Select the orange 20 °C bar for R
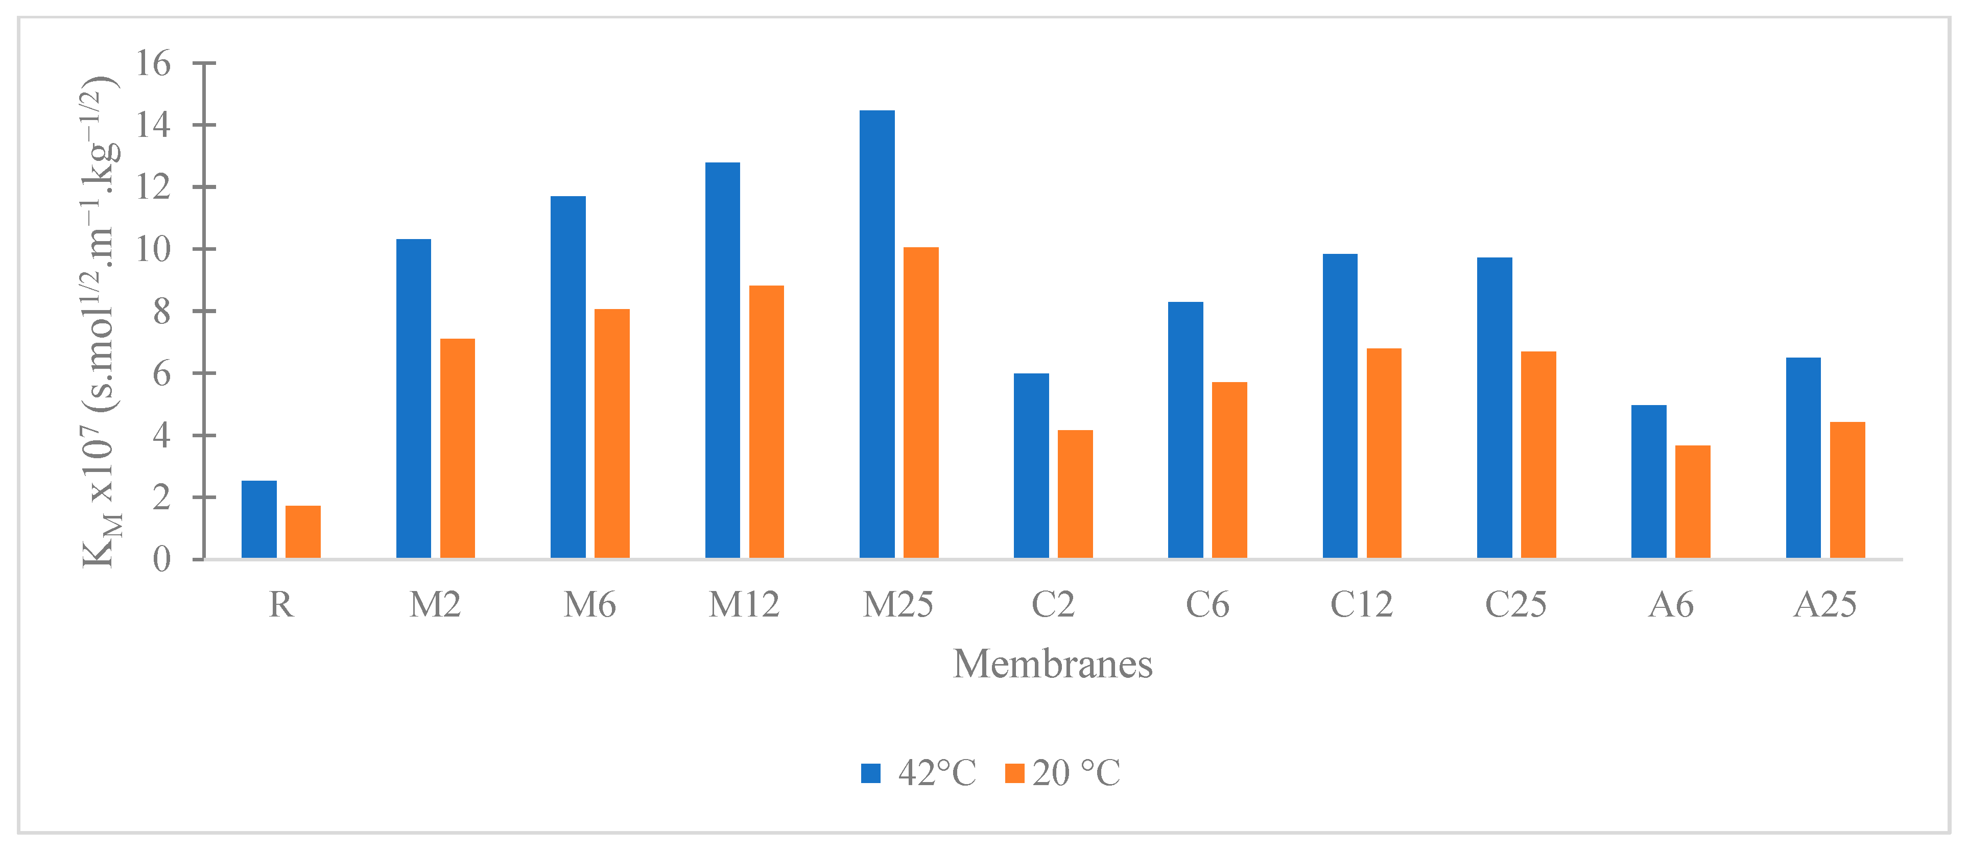[x=303, y=532]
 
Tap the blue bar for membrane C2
[x=1031, y=466]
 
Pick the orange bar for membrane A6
[x=1693, y=502]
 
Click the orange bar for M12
[x=766, y=422]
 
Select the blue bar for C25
[x=1495, y=408]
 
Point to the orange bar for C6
[x=1229, y=470]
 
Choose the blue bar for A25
[x=1803, y=458]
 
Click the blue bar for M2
[x=413, y=399]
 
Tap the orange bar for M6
[x=612, y=433]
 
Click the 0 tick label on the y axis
[x=161, y=559]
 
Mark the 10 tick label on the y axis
[x=153, y=249]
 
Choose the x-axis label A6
[x=1671, y=605]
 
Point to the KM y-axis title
[x=99, y=321]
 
